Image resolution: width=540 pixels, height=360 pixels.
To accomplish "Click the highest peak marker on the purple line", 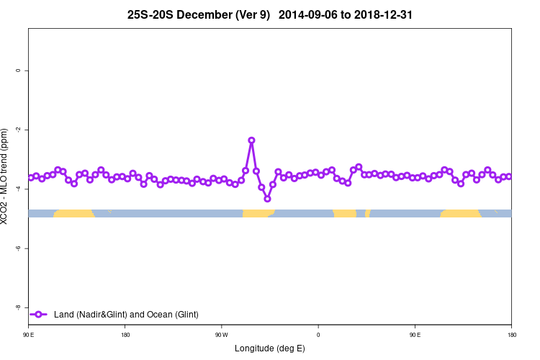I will pos(251,140).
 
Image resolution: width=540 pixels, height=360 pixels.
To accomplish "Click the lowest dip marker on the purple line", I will pos(267,199).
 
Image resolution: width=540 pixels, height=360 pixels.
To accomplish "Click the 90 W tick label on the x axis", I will pos(221,334).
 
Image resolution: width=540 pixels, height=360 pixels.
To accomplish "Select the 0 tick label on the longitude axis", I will pos(318,334).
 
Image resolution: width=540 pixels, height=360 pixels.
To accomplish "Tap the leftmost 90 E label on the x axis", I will pos(28,334).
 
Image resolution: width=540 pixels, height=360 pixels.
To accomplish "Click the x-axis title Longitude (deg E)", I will pos(269,348).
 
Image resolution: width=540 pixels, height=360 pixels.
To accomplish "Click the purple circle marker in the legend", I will pos(39,314).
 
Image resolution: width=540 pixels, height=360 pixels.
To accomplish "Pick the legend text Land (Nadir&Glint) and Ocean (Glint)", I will pos(126,314).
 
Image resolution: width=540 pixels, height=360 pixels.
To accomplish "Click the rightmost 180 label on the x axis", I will pos(511,334).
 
